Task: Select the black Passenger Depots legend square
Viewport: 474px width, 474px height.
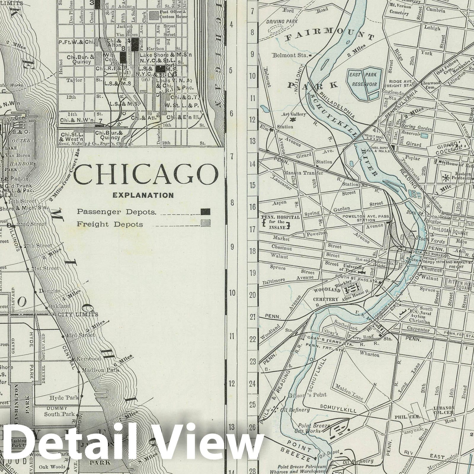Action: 205,212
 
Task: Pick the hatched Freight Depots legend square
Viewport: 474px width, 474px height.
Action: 205,223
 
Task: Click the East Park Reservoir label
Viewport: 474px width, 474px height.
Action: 364,79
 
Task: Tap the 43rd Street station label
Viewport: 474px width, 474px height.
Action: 81,335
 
